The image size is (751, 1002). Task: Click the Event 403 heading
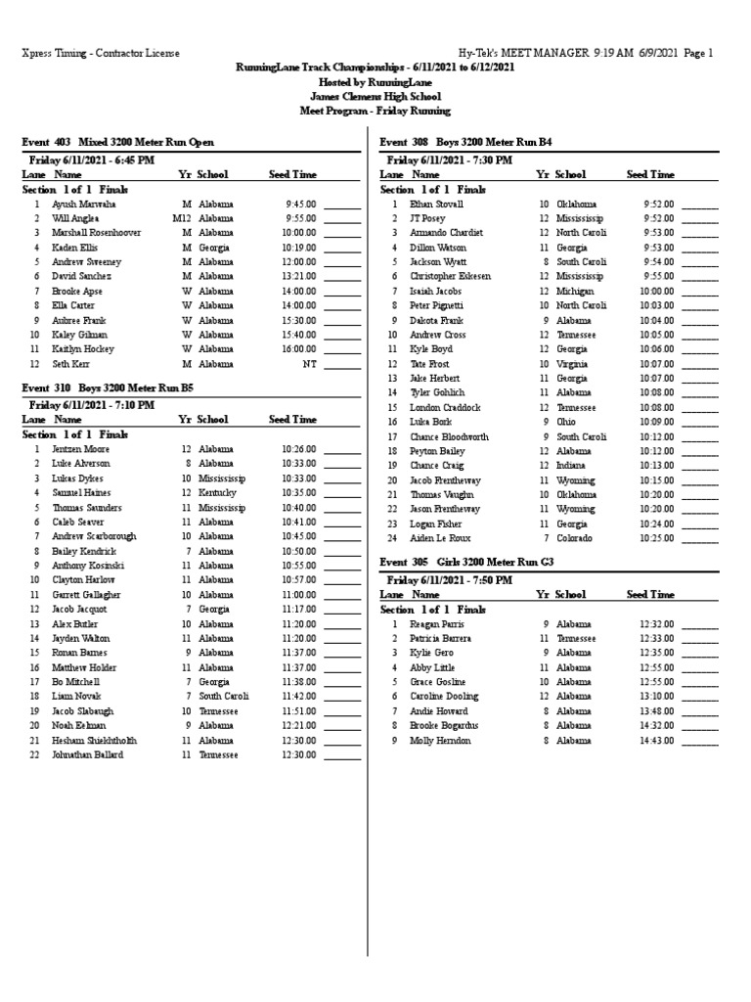117,143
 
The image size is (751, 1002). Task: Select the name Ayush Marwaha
84,205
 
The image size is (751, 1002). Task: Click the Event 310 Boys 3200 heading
108,387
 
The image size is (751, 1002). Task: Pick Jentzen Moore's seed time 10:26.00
299,449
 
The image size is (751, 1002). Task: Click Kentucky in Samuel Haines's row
216,493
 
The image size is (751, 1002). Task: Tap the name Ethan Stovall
436,205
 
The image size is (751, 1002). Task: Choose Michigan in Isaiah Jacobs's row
575,292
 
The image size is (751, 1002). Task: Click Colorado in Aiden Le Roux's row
575,538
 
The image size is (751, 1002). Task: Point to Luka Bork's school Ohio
567,422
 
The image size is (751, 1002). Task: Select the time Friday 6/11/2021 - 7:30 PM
450,159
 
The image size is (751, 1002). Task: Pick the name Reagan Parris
436,624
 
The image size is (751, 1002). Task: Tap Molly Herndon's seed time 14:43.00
657,741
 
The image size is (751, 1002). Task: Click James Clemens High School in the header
375,97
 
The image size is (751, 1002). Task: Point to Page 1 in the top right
698,53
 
